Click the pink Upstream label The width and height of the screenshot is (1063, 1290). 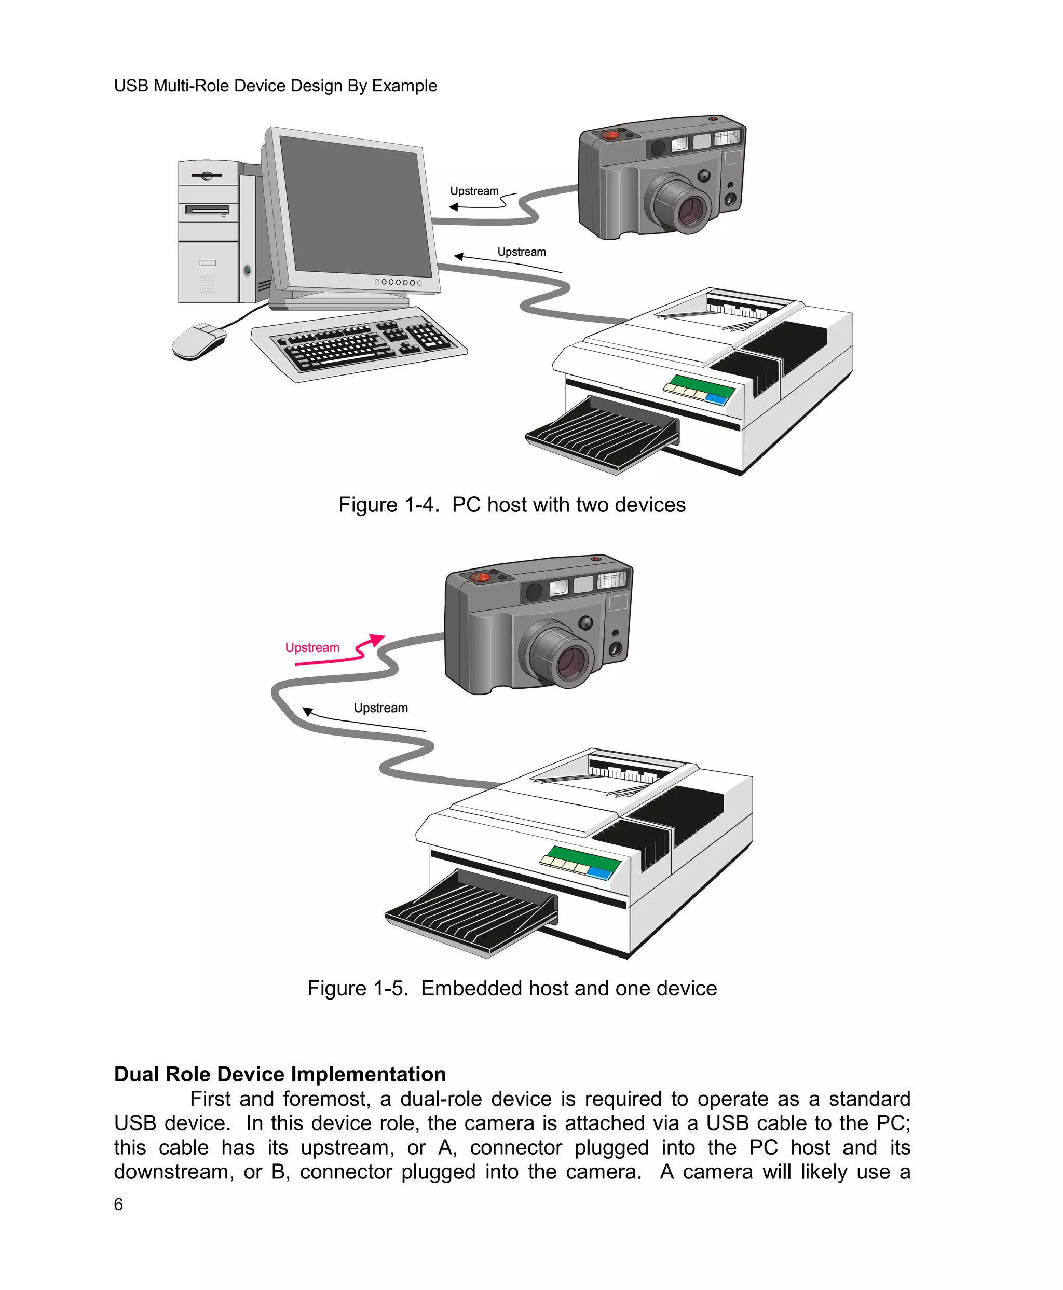point(312,647)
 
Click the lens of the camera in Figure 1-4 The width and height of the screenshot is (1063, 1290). point(691,210)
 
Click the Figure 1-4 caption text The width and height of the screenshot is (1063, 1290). point(512,505)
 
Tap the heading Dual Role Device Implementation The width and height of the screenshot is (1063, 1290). point(280,1074)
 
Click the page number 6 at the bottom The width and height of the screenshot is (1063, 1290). point(118,1204)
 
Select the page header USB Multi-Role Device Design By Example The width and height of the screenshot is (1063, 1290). point(276,86)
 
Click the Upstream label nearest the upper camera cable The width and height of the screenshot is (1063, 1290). point(474,191)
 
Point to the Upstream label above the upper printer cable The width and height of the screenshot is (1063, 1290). point(521,252)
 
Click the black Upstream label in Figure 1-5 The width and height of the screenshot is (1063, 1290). point(380,708)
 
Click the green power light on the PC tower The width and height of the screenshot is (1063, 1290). point(248,270)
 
